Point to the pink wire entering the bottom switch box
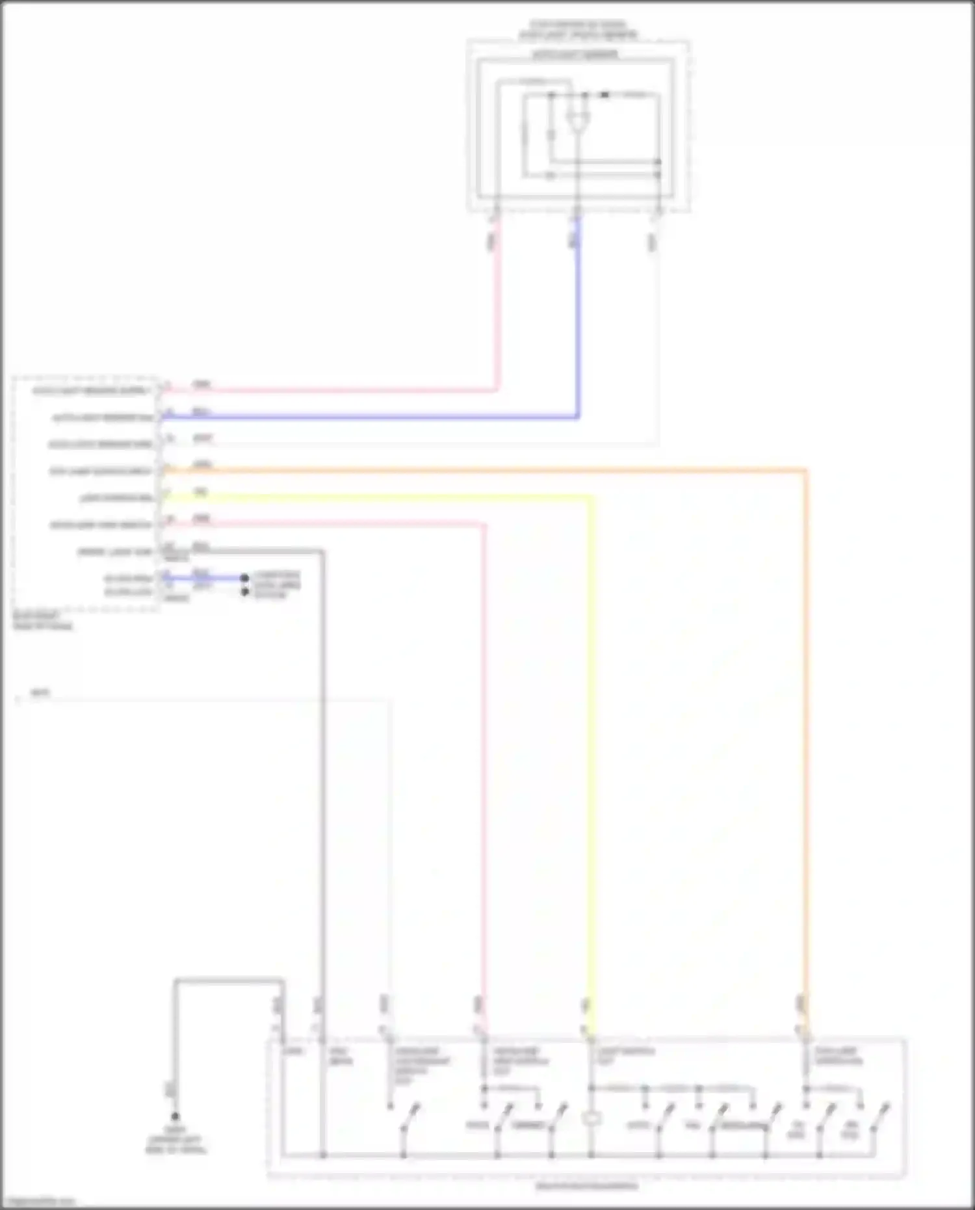[484, 780]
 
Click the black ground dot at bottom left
[175, 1116]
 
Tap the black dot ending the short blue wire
[244, 578]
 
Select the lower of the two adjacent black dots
[245, 592]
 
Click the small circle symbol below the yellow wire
[591, 1119]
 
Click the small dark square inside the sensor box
[604, 95]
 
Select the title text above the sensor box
[577, 30]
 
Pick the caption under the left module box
[43, 621]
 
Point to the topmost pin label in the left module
[91, 391]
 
